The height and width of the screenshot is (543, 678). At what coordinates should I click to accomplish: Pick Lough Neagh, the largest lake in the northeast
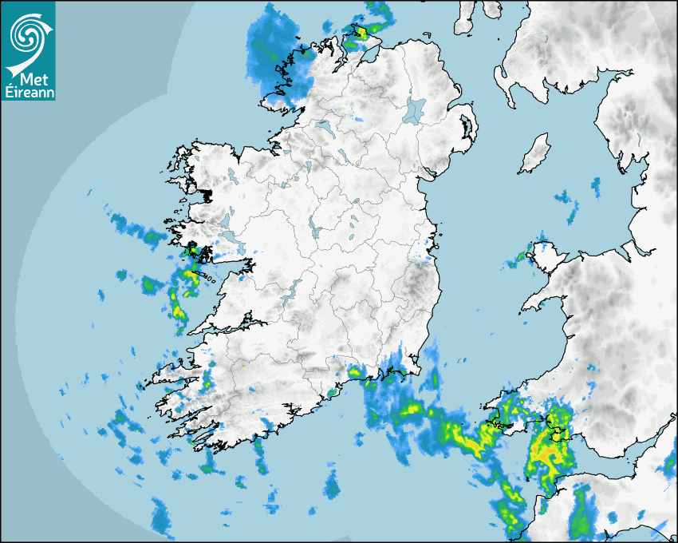click(415, 109)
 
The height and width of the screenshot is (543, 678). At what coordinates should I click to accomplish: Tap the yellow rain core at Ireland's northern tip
click(361, 34)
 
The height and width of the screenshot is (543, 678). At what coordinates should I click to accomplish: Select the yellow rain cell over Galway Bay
click(190, 275)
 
